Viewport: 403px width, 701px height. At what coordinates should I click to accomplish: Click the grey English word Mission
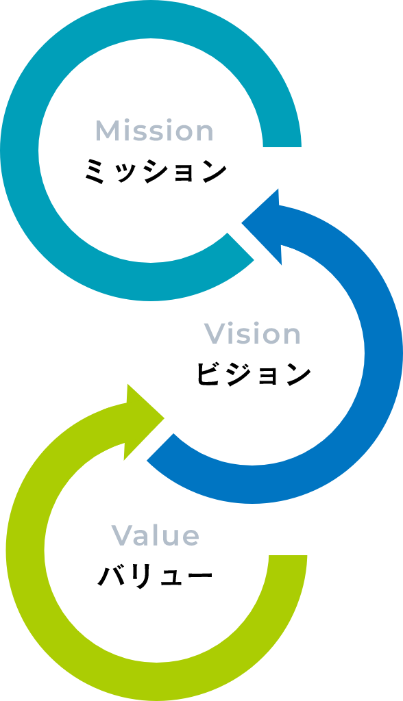coord(154,131)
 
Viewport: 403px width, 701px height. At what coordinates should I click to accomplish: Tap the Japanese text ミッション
coord(156,171)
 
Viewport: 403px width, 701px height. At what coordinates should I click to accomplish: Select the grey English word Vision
coord(252,333)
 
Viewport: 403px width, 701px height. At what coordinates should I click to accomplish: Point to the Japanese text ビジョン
coord(254,374)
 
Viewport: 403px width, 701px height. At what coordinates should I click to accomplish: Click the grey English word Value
coord(155,535)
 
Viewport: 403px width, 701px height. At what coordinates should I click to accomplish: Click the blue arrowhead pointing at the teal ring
coord(262,226)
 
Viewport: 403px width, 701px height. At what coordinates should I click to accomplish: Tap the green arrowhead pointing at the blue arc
coord(144,420)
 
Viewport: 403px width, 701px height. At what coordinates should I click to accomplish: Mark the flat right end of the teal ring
coord(282,146)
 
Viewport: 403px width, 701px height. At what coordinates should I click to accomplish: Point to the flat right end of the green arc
coord(288,555)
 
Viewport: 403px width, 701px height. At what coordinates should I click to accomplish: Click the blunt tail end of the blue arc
coord(160,447)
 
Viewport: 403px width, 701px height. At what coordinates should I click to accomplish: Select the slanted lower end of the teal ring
coord(241,246)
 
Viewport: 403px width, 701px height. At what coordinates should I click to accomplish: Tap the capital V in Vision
coord(215,333)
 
